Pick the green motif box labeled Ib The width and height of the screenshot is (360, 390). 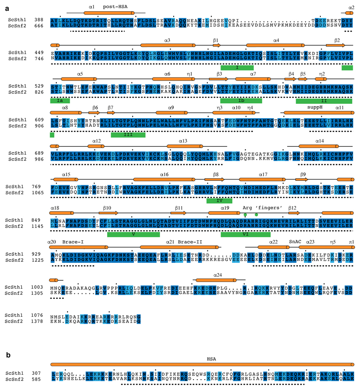[x=241, y=101]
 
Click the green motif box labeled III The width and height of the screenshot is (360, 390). [x=128, y=134]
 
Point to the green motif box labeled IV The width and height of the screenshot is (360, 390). [x=219, y=200]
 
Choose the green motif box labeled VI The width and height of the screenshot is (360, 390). [x=246, y=234]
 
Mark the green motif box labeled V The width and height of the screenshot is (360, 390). [x=133, y=234]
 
